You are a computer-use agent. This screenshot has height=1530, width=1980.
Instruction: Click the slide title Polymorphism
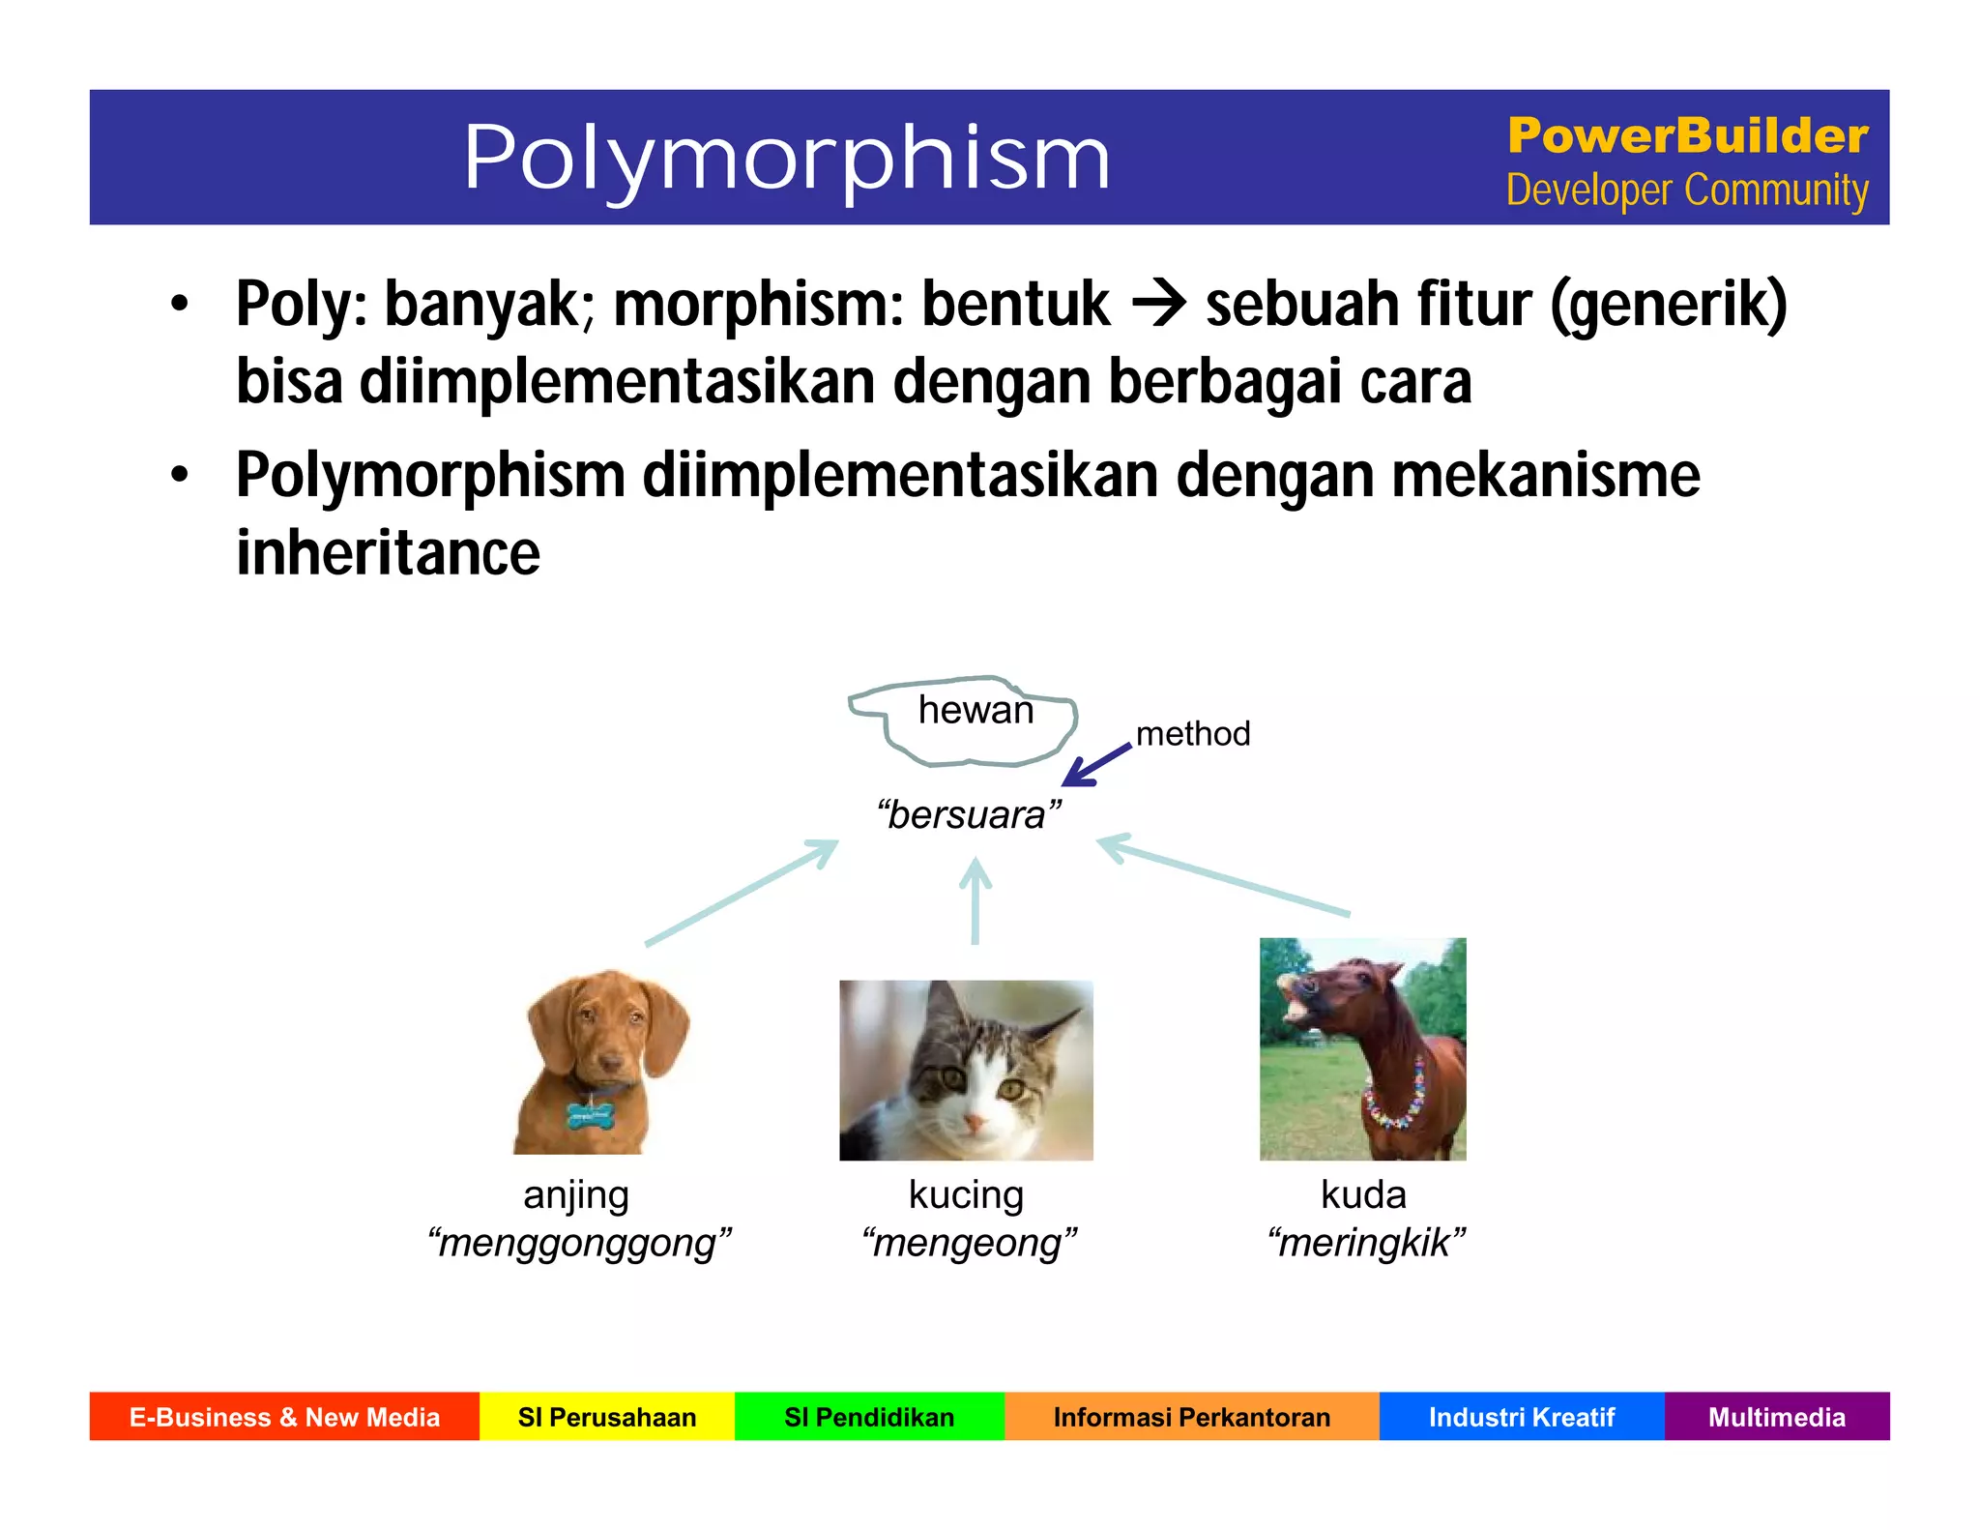(786, 158)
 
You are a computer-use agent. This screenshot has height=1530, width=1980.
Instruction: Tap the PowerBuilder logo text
(1687, 135)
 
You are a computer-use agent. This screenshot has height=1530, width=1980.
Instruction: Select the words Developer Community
(1687, 191)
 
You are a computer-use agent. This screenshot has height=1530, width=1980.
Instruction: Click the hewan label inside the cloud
(975, 710)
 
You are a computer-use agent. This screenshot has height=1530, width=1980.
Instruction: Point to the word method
(1192, 733)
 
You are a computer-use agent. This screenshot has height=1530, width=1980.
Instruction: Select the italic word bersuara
(969, 815)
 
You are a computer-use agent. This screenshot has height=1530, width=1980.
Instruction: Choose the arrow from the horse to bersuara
(1224, 875)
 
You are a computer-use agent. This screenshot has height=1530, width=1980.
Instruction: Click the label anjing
(576, 1195)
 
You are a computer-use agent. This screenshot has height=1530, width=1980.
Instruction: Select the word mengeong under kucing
(969, 1243)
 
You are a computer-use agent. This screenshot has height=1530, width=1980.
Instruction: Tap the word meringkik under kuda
(1365, 1243)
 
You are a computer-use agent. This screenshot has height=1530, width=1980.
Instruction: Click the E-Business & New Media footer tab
(284, 1417)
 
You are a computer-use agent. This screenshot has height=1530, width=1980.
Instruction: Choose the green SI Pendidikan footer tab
(869, 1417)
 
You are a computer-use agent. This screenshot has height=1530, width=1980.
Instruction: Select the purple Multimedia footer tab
(1776, 1417)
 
